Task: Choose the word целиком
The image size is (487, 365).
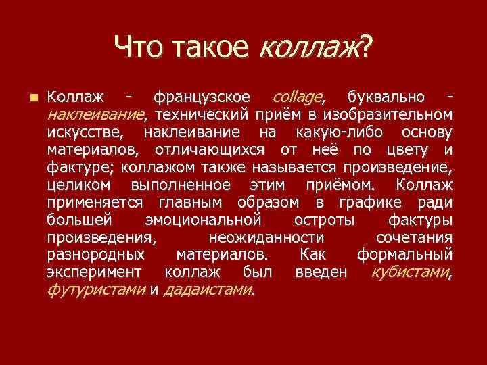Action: [x=78, y=184]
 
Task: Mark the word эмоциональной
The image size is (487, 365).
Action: [x=204, y=219]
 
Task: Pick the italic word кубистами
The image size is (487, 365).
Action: [x=410, y=272]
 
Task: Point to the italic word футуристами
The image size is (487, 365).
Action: [x=96, y=290]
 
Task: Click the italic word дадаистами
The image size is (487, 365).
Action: [x=207, y=290]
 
